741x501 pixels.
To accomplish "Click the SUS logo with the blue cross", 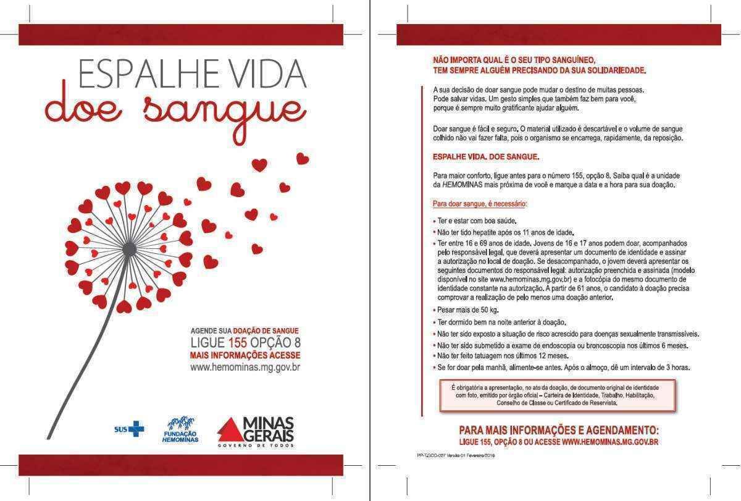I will (130, 428).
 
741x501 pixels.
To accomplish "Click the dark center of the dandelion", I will (130, 248).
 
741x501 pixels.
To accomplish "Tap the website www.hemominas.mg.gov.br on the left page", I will (245, 368).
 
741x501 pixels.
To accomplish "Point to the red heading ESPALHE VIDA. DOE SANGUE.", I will (486, 157).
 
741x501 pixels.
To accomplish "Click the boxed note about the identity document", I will (556, 395).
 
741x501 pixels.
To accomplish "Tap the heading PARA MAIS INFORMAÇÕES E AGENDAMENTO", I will (559, 429).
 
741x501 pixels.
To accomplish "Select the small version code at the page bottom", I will (456, 455).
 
